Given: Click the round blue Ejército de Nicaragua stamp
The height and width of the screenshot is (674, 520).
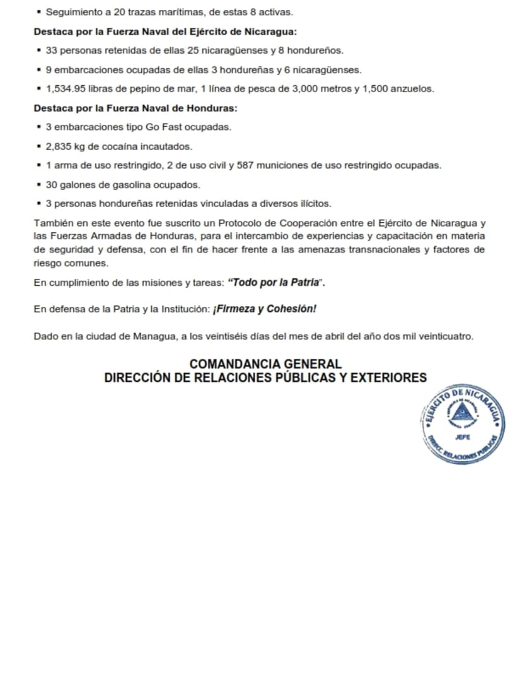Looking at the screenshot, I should click(x=463, y=424).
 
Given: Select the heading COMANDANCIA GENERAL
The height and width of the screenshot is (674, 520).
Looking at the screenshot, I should click(x=265, y=364).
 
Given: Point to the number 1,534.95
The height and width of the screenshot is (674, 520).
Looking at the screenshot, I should click(x=67, y=89).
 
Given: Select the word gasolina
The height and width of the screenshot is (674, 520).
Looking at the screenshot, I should click(x=124, y=185).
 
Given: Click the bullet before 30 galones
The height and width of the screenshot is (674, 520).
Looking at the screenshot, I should click(x=40, y=185).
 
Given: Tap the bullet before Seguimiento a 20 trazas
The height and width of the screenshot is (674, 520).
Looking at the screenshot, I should click(x=40, y=12).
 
